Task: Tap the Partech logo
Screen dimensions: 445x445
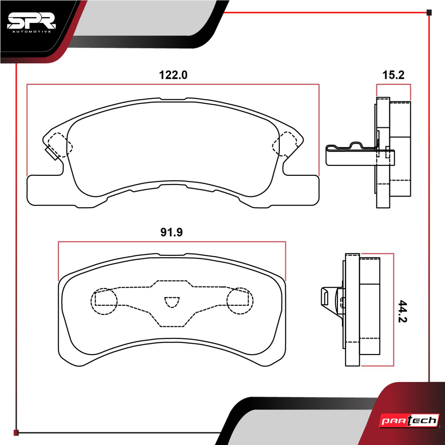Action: pyautogui.click(x=409, y=421)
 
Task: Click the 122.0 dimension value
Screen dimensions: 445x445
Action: pyautogui.click(x=173, y=75)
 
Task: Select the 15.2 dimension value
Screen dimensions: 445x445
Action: pyautogui.click(x=393, y=75)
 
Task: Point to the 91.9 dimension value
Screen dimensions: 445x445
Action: pyautogui.click(x=172, y=232)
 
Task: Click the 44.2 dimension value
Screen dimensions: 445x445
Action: pyautogui.click(x=402, y=311)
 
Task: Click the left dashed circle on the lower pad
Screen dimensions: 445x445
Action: pyautogui.click(x=104, y=301)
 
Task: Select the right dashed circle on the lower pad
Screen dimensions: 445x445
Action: pyautogui.click(x=240, y=301)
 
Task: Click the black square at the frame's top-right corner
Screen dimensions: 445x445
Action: pyautogui.click(x=429, y=13)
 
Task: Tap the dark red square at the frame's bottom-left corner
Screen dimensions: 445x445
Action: pyautogui.click(x=16, y=433)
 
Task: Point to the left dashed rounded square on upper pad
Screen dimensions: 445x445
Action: pyautogui.click(x=60, y=145)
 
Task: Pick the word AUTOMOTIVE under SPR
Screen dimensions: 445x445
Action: pyautogui.click(x=31, y=31)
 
